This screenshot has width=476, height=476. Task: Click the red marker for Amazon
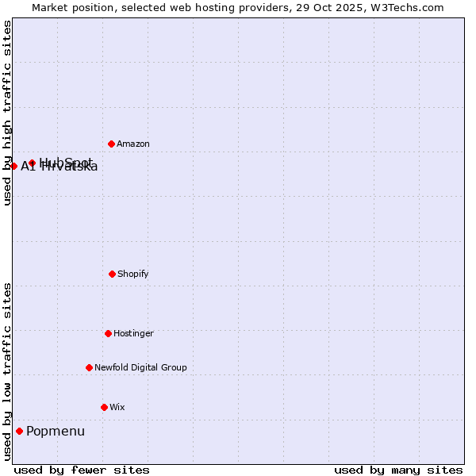pos(111,144)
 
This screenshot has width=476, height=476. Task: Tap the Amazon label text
pos(133,144)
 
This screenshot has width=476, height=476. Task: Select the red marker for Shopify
pos(112,274)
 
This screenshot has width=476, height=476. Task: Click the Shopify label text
pos(133,274)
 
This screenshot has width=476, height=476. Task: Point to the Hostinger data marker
pos(108,333)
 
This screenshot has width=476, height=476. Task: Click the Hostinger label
pos(133,334)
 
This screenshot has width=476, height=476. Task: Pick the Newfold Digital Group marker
pos(89,367)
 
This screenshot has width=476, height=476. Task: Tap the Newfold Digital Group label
pos(140,368)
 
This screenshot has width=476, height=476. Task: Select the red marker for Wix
pos(104,407)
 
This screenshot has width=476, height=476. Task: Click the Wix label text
pos(117,408)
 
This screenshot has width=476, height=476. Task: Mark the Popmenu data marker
pos(19,431)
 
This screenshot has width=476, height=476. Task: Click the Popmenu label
pos(56,432)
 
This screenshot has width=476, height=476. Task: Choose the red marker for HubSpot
pos(32,163)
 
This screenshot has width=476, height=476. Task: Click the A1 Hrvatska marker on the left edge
pos(13,166)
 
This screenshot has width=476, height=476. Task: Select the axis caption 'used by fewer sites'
pos(82,470)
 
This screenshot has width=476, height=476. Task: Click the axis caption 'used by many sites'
pos(398,470)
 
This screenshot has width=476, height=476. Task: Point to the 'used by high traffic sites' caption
pos(7,113)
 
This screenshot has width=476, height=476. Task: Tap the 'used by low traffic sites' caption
pos(7,371)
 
